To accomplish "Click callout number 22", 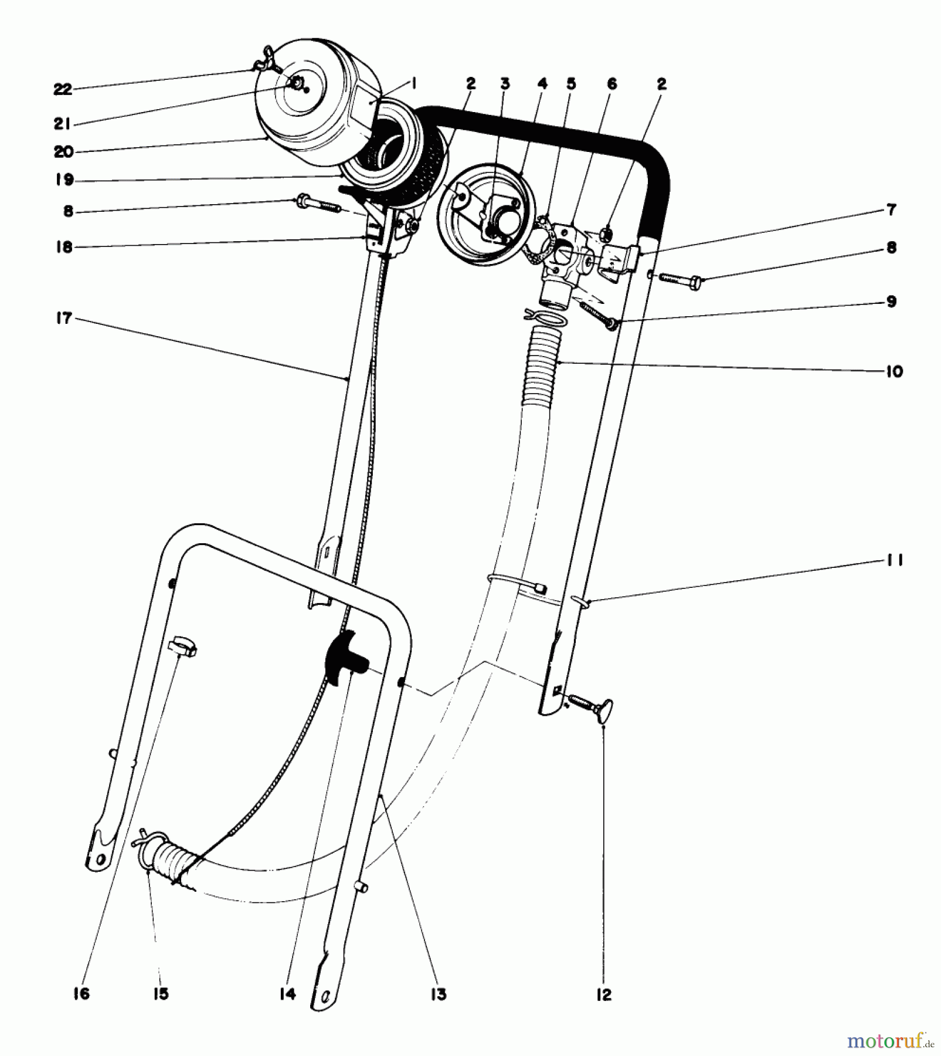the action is (x=63, y=90).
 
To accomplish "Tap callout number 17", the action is (x=63, y=319).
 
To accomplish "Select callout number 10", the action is (x=894, y=371).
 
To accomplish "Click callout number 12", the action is (x=604, y=994).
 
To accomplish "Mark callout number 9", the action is (x=891, y=302).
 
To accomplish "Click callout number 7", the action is (x=891, y=209).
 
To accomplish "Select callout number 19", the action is (x=64, y=180).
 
